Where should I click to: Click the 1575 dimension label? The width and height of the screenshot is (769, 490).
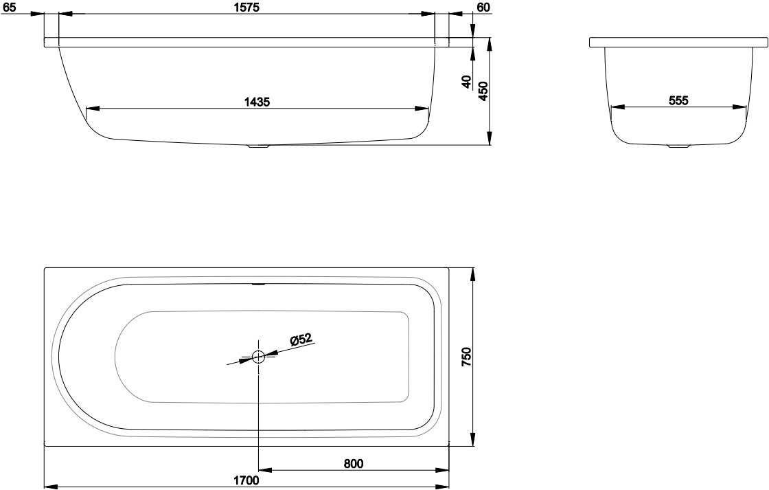click(x=246, y=7)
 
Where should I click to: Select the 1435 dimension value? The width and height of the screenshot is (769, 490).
click(x=257, y=102)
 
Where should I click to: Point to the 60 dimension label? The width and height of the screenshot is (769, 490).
click(x=483, y=7)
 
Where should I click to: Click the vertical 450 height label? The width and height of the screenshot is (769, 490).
click(x=483, y=91)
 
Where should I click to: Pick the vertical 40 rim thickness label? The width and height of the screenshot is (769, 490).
click(x=466, y=82)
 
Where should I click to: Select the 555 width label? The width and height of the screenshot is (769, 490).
click(x=679, y=100)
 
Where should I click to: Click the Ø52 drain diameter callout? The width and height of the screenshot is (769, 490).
click(x=301, y=339)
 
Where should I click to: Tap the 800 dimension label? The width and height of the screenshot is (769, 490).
click(x=353, y=463)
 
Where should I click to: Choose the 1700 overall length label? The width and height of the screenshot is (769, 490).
click(x=246, y=480)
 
